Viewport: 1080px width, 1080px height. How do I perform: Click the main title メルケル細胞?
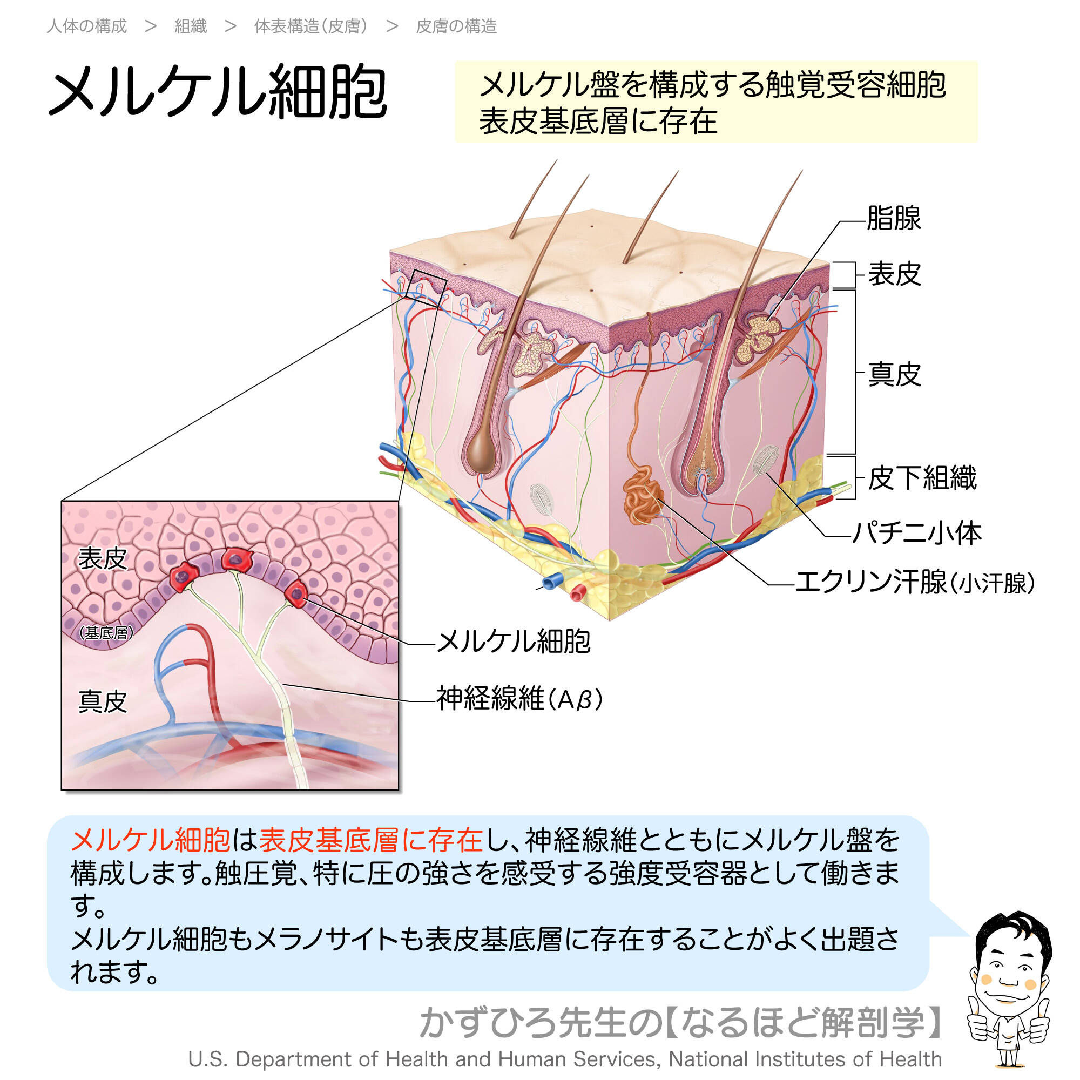(218, 92)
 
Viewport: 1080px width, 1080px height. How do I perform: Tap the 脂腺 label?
(893, 218)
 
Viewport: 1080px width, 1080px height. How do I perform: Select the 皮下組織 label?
(922, 478)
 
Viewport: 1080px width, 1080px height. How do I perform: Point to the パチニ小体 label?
(917, 533)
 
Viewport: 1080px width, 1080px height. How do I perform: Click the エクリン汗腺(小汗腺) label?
(915, 583)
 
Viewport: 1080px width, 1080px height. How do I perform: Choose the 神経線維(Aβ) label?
(519, 699)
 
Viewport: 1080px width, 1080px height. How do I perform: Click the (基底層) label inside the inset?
(106, 632)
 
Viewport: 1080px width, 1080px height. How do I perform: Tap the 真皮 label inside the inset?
(103, 701)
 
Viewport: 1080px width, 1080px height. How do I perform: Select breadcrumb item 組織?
(191, 26)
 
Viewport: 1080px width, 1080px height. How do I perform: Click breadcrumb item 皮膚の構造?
(456, 26)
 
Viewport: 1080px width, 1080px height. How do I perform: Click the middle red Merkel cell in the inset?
(237, 559)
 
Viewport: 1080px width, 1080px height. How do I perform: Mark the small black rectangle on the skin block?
(429, 286)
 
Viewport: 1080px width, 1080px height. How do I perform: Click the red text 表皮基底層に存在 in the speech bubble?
(370, 840)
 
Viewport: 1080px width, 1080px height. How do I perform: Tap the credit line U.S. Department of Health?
(565, 1059)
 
